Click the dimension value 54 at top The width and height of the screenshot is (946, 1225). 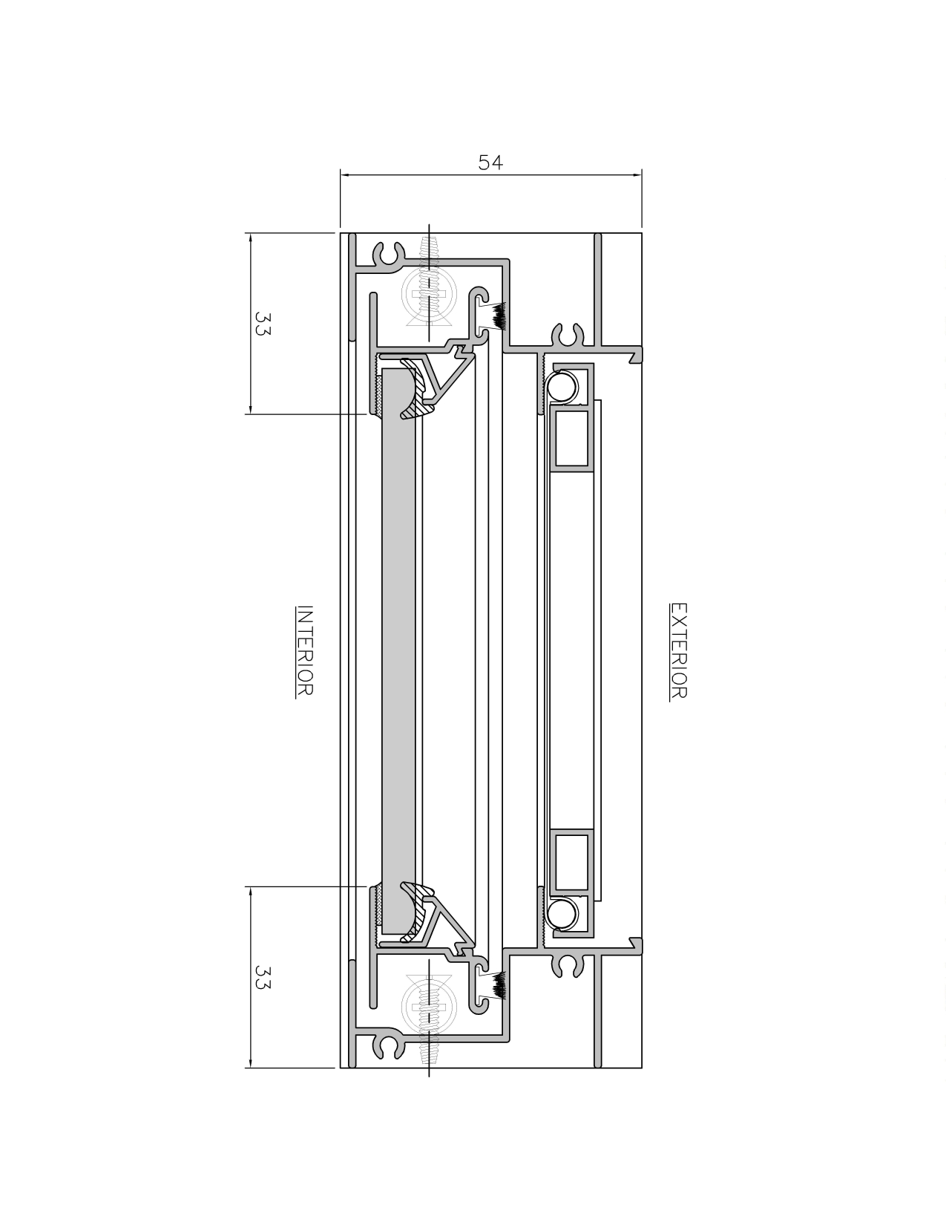coord(490,163)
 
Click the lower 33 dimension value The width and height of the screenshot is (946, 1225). coord(262,976)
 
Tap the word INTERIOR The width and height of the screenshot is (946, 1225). coord(304,650)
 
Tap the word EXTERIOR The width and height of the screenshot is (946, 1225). coord(678,650)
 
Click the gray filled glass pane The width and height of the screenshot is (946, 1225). coord(398,650)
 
